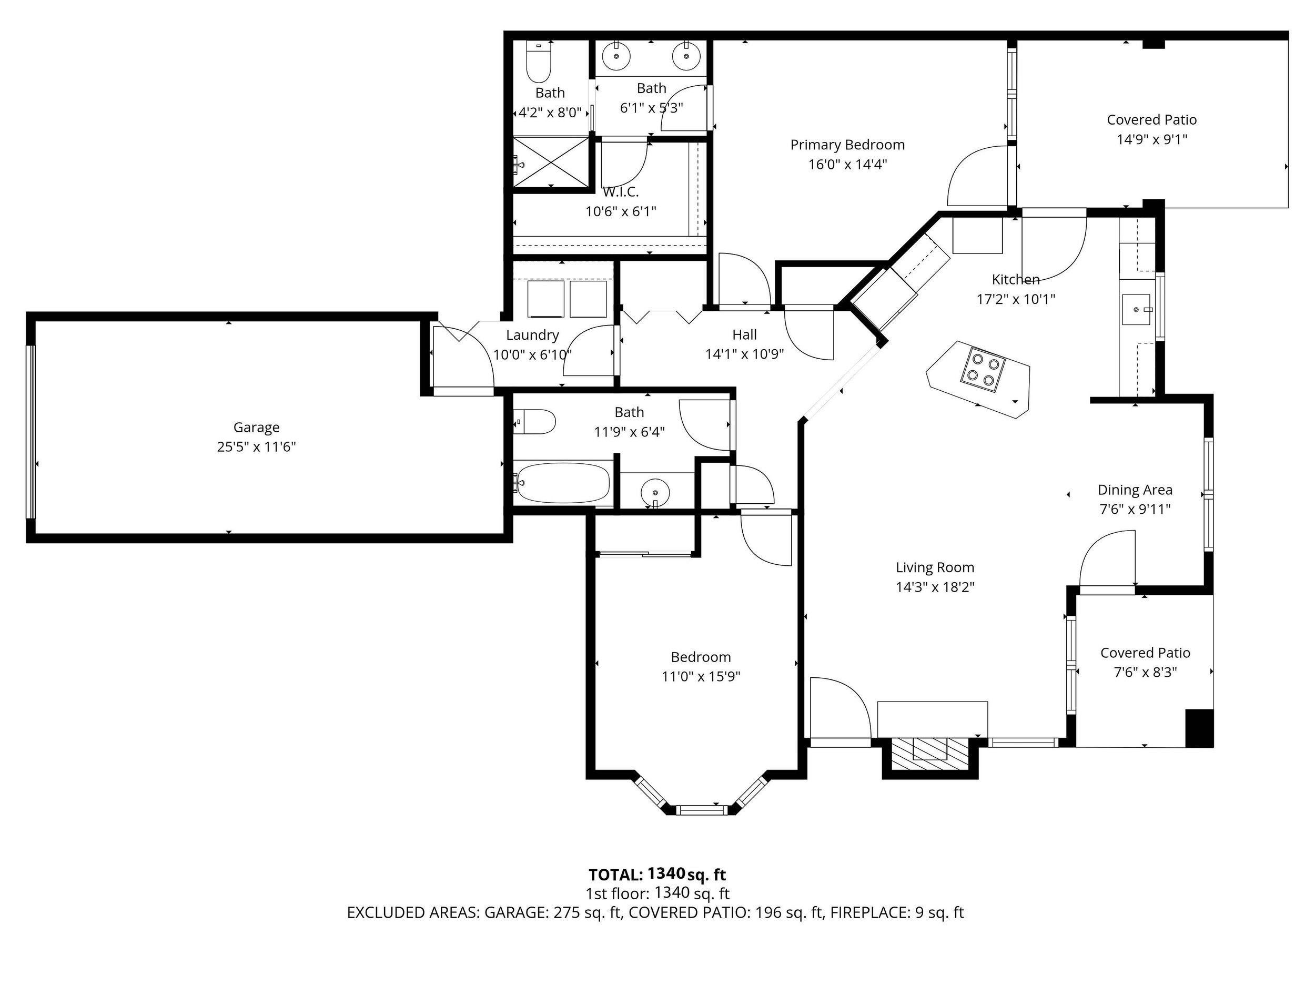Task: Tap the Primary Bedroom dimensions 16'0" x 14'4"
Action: tap(847, 164)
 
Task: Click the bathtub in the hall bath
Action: tap(562, 483)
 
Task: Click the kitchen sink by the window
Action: tap(1136, 310)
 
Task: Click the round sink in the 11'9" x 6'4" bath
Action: tap(655, 493)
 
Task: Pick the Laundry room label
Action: tap(532, 335)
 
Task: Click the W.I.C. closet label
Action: tap(621, 192)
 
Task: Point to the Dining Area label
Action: tap(1135, 490)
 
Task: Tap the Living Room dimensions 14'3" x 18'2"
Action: tap(935, 587)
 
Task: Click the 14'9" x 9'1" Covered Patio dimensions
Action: tap(1151, 139)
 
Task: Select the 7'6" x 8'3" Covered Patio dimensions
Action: tap(1145, 672)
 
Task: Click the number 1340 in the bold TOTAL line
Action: tap(666, 873)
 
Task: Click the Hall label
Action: tap(744, 335)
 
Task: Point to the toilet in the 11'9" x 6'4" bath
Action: tap(534, 422)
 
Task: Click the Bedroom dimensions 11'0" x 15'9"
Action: tap(701, 676)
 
